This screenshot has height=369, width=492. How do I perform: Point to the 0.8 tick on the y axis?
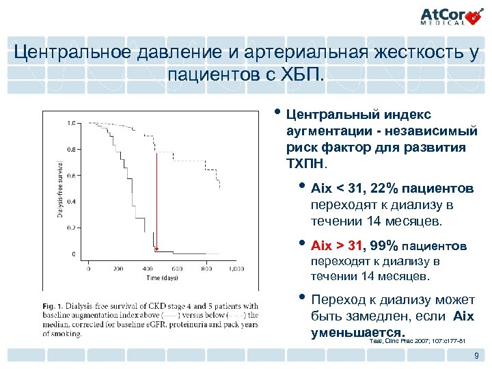[71, 148]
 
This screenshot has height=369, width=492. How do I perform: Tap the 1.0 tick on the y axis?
[71, 124]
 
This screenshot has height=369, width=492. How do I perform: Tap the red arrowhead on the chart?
[156, 249]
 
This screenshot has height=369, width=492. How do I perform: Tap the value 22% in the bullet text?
[379, 187]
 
